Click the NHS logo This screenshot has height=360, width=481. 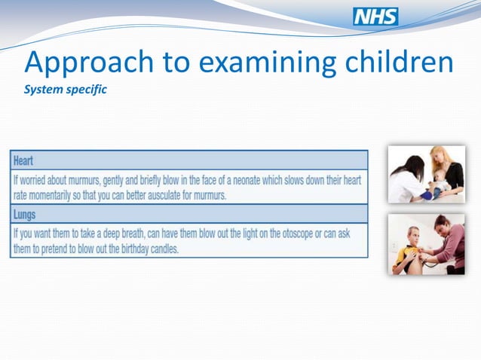[375, 17]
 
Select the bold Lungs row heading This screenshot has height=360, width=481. [26, 215]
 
